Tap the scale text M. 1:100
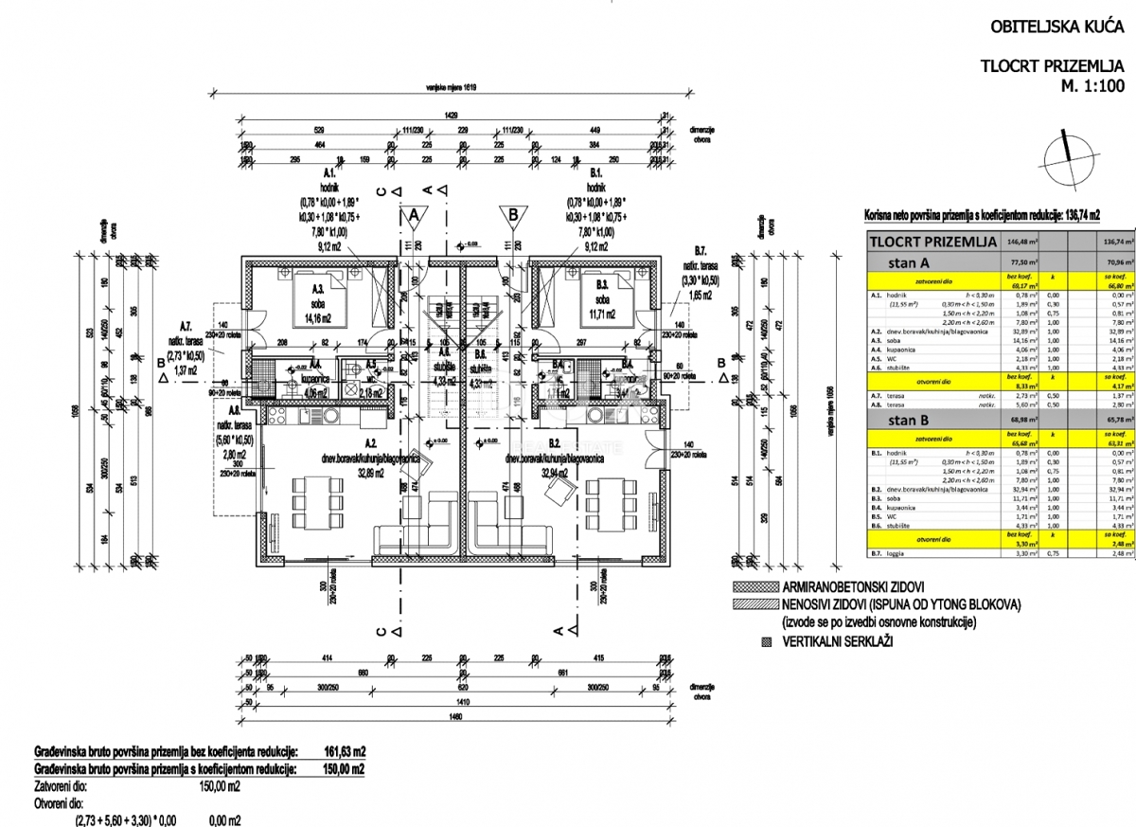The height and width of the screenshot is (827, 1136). pyautogui.click(x=1092, y=85)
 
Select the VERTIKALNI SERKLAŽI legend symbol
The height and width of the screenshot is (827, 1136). pyautogui.click(x=764, y=641)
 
